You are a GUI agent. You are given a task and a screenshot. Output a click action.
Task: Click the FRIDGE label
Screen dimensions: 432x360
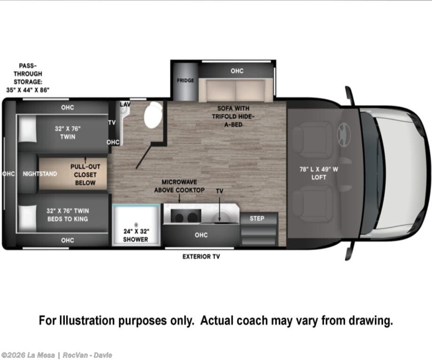click(185, 80)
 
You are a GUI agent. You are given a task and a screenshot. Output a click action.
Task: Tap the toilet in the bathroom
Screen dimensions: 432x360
click(153, 115)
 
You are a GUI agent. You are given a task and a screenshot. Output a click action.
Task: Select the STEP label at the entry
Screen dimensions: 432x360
click(257, 218)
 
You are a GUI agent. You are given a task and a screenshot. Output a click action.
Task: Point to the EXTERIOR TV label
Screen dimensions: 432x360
click(201, 257)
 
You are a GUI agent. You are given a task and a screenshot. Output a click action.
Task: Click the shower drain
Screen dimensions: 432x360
click(136, 225)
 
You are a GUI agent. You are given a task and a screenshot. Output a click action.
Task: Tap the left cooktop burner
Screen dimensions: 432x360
click(179, 218)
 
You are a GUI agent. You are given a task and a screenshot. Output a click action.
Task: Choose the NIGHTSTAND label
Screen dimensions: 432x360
click(40, 174)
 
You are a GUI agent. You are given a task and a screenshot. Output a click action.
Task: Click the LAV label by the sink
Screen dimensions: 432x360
click(125, 104)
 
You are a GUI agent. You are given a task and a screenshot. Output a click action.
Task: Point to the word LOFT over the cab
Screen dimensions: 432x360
click(319, 177)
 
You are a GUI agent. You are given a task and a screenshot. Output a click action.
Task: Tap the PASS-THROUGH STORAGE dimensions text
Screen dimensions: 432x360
click(28, 90)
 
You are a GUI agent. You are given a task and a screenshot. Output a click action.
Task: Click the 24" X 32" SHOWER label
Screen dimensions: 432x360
click(136, 235)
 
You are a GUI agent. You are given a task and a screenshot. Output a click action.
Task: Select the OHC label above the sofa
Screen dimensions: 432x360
click(237, 71)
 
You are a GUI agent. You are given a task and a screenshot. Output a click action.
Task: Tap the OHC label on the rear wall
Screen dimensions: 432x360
click(8, 174)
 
